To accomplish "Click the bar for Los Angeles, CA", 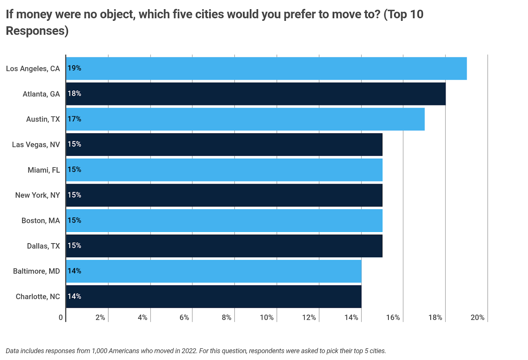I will point(266,68).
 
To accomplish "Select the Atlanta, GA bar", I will point(256,94).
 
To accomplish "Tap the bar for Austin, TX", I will point(245,119).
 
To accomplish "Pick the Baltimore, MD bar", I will point(214,271).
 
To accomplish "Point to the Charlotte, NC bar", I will point(214,297).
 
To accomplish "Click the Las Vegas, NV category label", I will point(36,145).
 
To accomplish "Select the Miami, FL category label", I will point(44,170).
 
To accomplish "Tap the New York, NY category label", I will point(38,195).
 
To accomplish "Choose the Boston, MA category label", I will point(41,220).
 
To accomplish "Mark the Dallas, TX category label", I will point(43,246).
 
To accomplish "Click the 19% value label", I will point(74,68).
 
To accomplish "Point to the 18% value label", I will point(74,93).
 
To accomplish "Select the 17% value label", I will point(74,119).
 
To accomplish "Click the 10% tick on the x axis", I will point(267,317).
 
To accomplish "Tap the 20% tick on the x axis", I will point(478,317).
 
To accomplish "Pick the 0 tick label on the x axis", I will point(61,317).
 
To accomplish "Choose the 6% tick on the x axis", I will point(184,317).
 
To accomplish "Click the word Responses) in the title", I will point(37,31).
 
